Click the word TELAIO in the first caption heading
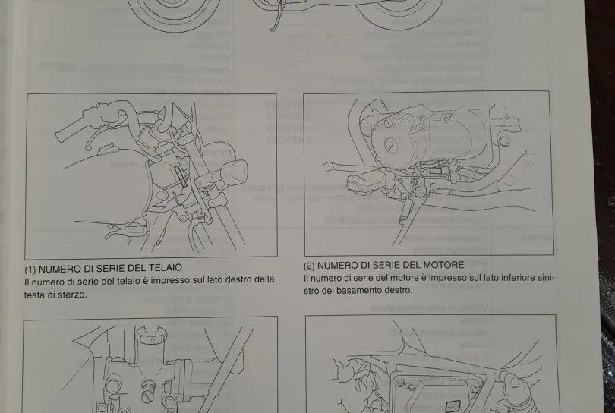click(163, 268)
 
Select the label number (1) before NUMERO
click(31, 268)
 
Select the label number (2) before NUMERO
click(309, 265)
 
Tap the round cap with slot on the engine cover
click(389, 144)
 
